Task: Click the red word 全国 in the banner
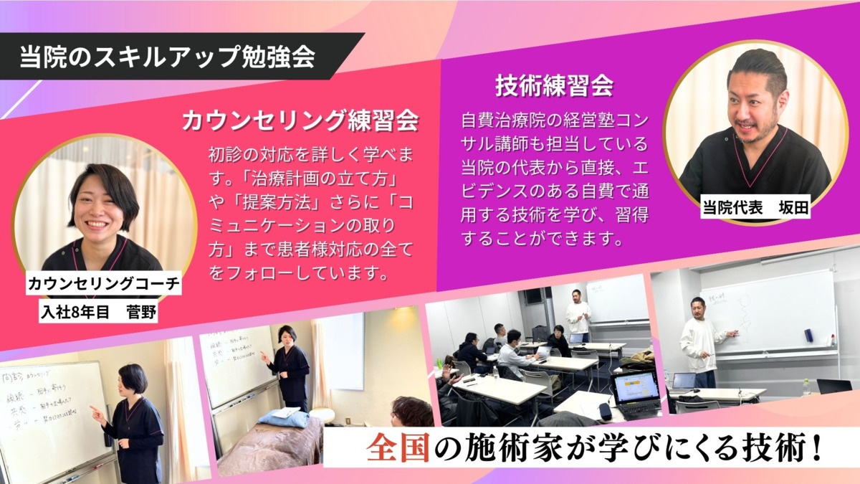(391, 448)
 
